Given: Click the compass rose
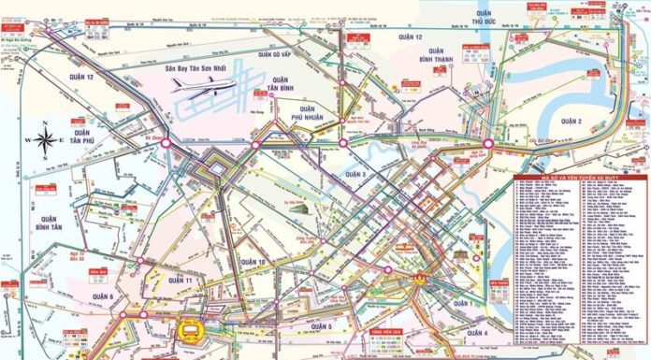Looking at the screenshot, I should click(47, 140).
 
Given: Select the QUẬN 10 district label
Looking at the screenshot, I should click(253, 262).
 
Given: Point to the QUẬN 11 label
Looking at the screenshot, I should click(180, 281).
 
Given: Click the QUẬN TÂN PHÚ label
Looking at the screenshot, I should click(81, 138).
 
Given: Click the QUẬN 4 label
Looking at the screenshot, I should click(475, 334).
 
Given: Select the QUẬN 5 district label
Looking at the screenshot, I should click(322, 326).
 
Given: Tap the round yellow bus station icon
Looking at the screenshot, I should click(188, 332).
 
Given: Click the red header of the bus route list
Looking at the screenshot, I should click(580, 177).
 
